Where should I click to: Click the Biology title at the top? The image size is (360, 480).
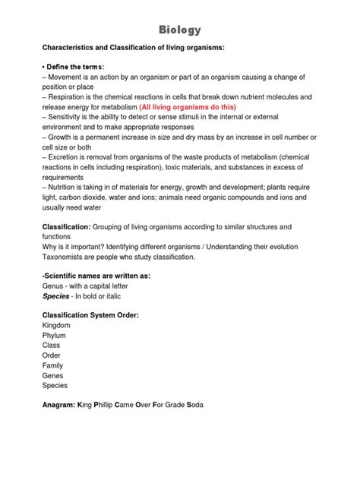[x=180, y=30]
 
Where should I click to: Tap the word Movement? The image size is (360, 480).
[x=71, y=77]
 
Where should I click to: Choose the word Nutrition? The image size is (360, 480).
[x=68, y=187]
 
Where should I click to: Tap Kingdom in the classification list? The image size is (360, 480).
[x=59, y=325]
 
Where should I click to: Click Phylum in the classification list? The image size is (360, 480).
[x=55, y=335]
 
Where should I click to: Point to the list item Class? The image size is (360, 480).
[x=52, y=345]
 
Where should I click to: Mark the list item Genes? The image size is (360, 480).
[x=53, y=375]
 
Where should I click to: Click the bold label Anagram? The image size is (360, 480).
[x=63, y=405]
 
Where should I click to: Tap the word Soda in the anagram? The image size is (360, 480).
[x=195, y=405]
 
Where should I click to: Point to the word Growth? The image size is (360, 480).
[x=63, y=137]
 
